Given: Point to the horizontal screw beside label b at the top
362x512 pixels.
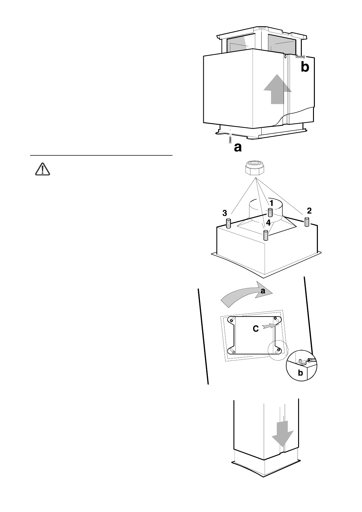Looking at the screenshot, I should [300, 57].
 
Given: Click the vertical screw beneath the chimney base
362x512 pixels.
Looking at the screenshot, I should [230, 140].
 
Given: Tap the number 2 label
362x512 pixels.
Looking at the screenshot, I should [309, 210].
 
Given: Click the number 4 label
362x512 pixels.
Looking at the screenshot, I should [268, 223].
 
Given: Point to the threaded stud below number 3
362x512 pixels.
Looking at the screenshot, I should [229, 223].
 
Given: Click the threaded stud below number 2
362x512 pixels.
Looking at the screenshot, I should [307, 222].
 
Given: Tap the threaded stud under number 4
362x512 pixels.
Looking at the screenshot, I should [266, 235].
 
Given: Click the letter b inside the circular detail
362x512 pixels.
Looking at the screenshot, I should [300, 373].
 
